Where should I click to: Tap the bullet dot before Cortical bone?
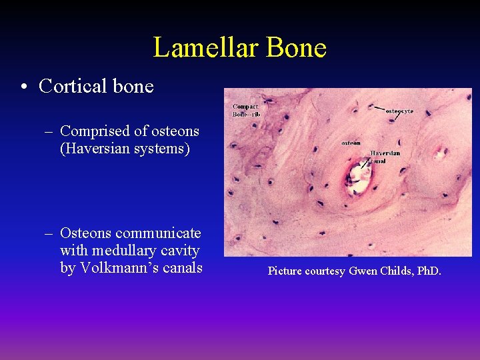24,87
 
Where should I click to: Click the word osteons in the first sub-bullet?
175,131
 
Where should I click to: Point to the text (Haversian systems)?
125,148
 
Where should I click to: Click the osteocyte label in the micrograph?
399,111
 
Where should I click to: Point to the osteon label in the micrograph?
351,142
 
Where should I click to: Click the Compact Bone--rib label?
245,110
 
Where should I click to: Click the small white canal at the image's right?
440,153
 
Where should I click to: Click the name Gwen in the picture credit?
361,271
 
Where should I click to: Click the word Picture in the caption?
285,271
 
